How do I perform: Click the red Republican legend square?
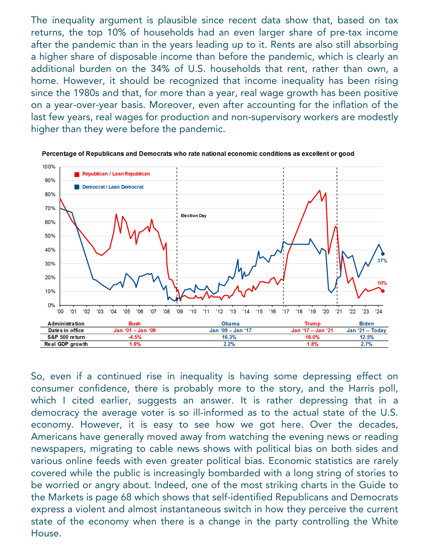(77, 174)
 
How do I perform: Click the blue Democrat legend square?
(77, 187)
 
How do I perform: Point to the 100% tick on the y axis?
(49, 167)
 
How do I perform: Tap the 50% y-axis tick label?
(50, 236)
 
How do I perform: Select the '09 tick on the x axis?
(180, 312)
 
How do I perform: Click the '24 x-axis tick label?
(379, 312)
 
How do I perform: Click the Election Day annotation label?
(194, 216)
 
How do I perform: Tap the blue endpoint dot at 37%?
(383, 254)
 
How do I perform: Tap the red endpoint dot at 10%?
(383, 291)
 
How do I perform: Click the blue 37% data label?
(382, 261)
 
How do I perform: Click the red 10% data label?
(382, 283)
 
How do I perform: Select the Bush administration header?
(135, 324)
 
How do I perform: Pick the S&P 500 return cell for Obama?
(229, 337)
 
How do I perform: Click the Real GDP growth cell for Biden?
(366, 344)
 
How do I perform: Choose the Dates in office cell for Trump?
(312, 331)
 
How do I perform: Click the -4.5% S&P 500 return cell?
(135, 337)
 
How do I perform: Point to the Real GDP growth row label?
(66, 344)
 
